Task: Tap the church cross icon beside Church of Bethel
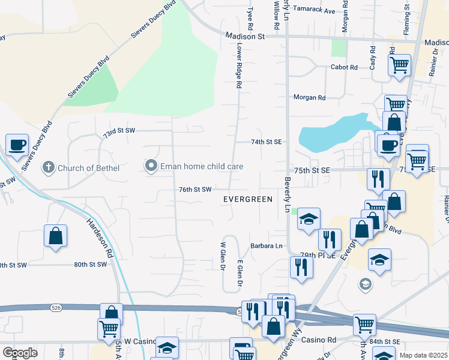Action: point(49,167)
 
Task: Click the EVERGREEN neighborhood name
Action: point(248,199)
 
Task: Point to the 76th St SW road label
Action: point(195,190)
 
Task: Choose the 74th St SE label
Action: point(266,142)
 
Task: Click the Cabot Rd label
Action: point(344,67)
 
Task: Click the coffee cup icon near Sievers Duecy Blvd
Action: point(17,145)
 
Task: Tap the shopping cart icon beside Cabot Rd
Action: point(399,65)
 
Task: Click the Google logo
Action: point(20,353)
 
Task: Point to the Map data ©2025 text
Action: point(423,355)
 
